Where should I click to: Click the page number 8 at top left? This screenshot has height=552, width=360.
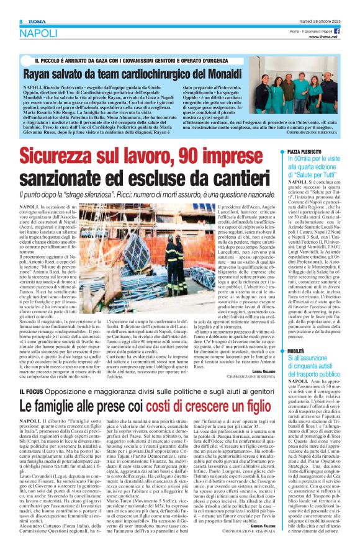click(12, 5)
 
